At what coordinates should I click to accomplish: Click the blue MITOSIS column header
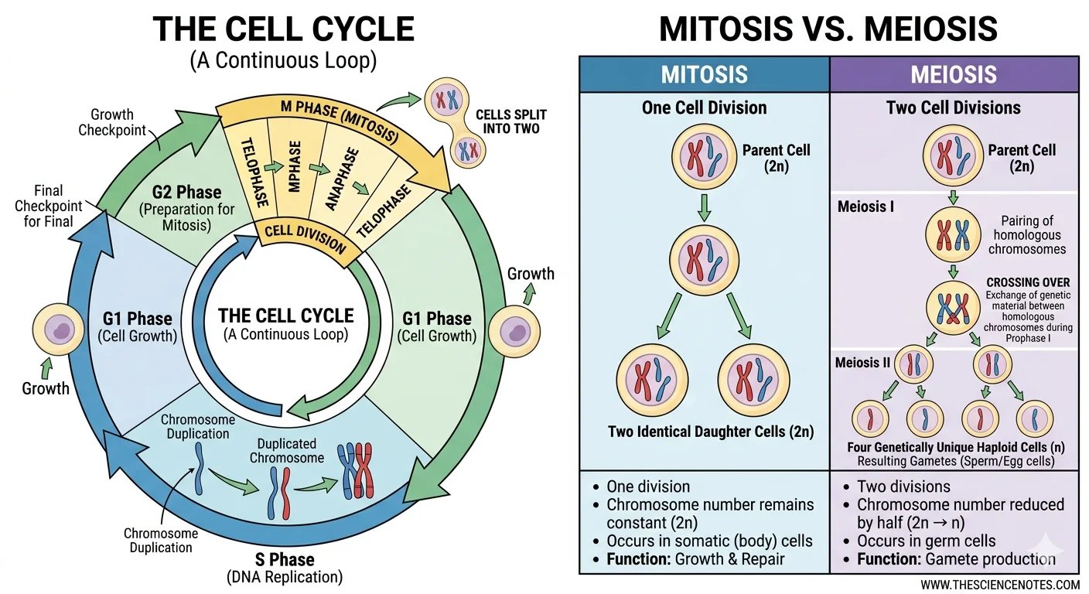(x=704, y=74)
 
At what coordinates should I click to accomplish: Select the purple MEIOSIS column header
(x=953, y=74)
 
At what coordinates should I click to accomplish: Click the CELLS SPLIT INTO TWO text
(x=507, y=121)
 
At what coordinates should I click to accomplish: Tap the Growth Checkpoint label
(x=113, y=121)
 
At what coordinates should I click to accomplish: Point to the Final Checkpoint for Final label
(x=49, y=206)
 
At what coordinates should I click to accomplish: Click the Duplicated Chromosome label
(x=286, y=451)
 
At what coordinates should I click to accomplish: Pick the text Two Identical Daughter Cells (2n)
(x=711, y=432)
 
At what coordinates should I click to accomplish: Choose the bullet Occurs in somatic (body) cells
(x=709, y=541)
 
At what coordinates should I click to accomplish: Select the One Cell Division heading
(x=704, y=108)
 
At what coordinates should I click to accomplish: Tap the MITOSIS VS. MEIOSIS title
(x=828, y=29)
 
